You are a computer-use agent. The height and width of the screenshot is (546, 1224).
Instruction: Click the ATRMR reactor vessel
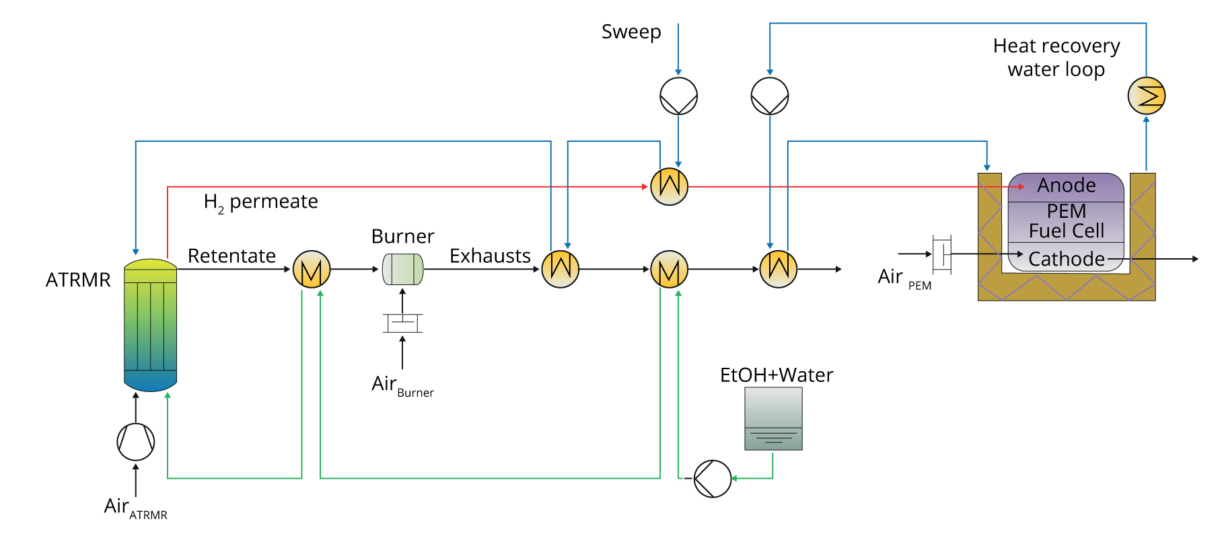(x=150, y=325)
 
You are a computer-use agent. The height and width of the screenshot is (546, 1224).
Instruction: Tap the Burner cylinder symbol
(x=402, y=269)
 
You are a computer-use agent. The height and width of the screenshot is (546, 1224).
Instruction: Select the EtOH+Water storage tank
(x=773, y=419)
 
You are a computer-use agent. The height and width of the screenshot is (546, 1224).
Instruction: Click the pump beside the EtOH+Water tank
(x=712, y=479)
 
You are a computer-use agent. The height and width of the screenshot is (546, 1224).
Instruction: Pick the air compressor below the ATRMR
(x=136, y=442)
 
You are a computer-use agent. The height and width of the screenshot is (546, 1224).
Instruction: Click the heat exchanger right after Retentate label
(x=312, y=269)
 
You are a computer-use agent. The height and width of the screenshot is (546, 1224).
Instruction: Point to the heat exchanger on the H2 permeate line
(x=670, y=186)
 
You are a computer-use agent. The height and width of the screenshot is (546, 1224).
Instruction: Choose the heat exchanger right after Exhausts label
(x=561, y=269)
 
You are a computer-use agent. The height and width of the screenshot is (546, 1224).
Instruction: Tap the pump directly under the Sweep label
(x=678, y=96)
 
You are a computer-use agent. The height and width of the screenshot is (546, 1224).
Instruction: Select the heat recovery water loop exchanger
(x=1146, y=95)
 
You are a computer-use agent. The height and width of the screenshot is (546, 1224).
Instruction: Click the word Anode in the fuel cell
(x=1066, y=185)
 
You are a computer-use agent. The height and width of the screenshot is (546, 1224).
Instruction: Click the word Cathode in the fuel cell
(x=1066, y=259)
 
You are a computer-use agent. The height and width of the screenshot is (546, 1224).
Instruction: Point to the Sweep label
(x=631, y=32)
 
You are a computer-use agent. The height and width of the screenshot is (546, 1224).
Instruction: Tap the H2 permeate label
(x=260, y=202)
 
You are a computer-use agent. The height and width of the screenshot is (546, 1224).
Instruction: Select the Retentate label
(x=231, y=256)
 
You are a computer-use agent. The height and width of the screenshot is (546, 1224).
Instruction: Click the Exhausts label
(x=490, y=256)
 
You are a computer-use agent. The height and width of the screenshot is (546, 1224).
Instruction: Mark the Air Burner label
(x=402, y=385)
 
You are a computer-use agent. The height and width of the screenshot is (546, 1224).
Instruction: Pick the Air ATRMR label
(x=135, y=508)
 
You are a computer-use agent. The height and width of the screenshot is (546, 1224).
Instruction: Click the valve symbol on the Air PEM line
(x=942, y=254)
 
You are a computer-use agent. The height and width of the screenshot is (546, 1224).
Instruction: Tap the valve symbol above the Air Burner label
(x=402, y=323)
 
